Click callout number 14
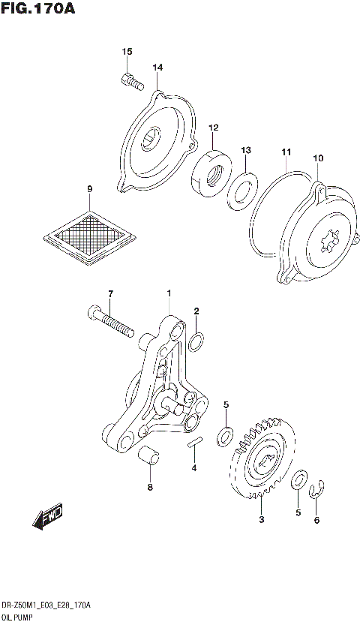[157, 68]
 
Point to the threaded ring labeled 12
[213, 175]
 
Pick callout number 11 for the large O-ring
[286, 152]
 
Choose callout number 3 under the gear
[261, 520]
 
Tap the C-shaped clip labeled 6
[316, 491]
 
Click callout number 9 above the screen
[89, 188]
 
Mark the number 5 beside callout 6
[298, 513]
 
